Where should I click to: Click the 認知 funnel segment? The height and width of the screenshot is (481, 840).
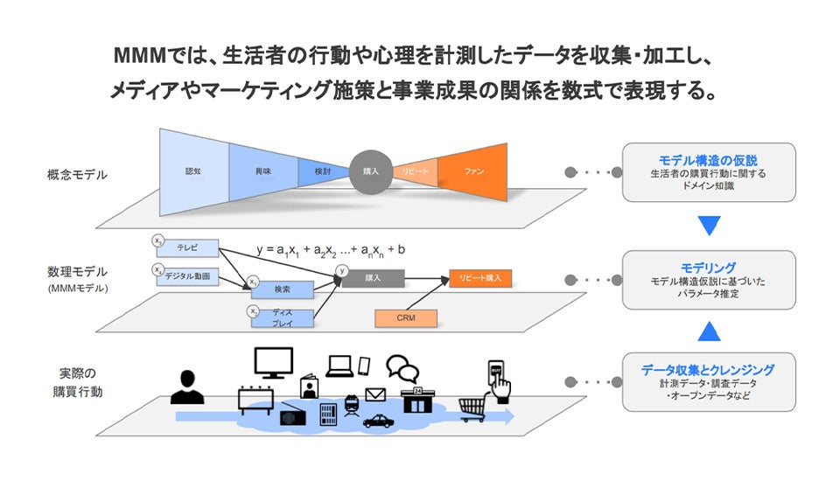click(x=193, y=172)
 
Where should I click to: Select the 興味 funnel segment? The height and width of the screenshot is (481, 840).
click(x=262, y=172)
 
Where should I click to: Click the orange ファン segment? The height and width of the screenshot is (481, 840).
click(x=473, y=172)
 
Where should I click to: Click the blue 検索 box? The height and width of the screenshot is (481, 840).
click(x=282, y=289)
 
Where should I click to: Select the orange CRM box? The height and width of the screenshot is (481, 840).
click(x=405, y=318)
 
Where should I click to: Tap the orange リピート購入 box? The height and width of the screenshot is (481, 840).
click(x=480, y=278)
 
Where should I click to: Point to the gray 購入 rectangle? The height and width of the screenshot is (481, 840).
click(x=373, y=278)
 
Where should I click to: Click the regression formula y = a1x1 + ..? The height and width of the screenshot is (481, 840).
click(x=330, y=249)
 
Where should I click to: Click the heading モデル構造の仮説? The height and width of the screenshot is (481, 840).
click(x=708, y=160)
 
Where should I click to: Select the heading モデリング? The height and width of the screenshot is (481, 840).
click(x=708, y=267)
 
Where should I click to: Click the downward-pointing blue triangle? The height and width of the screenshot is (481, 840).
click(x=709, y=226)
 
